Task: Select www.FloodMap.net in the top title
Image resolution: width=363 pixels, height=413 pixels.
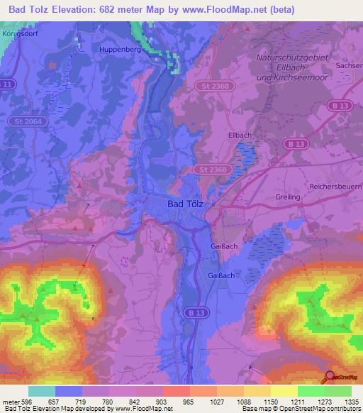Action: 226,9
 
